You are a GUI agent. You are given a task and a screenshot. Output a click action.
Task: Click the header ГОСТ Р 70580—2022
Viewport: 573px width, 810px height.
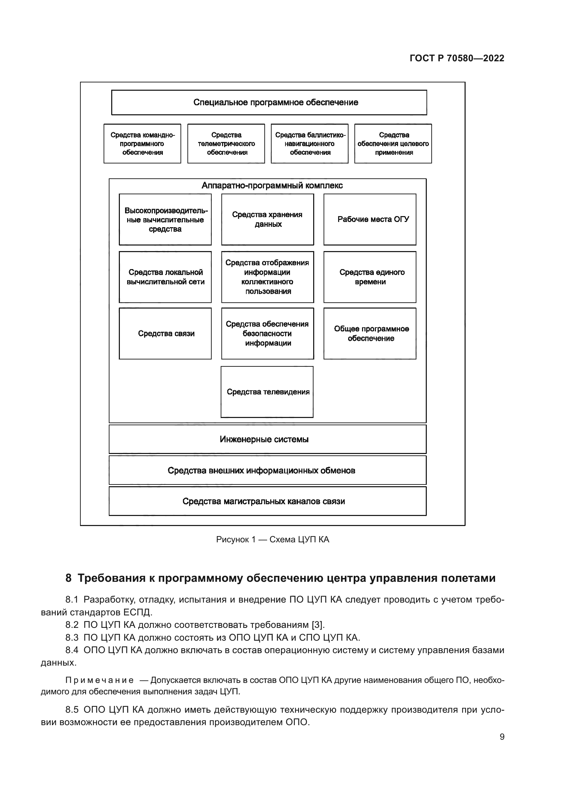[x=457, y=59]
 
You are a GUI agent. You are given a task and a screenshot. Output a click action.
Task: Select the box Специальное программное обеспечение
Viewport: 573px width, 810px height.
[x=269, y=103]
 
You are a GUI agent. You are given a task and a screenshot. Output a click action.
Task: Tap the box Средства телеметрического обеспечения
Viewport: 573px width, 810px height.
[x=226, y=144]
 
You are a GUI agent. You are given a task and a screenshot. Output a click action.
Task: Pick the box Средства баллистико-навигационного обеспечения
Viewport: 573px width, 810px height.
[x=309, y=144]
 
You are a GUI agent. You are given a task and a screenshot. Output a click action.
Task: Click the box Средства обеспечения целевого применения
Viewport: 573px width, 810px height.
[x=393, y=144]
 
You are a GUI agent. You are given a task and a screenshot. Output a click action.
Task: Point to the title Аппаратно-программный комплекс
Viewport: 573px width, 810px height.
[x=272, y=186]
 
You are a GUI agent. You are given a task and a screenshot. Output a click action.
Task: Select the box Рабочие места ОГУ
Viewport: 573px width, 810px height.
[x=369, y=220]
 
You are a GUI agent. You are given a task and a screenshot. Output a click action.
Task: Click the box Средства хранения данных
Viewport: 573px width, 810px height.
[x=267, y=220]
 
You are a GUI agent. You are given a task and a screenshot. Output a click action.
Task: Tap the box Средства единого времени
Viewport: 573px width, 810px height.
[x=369, y=277]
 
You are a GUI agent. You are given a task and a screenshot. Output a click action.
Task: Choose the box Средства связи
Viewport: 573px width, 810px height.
[x=165, y=333]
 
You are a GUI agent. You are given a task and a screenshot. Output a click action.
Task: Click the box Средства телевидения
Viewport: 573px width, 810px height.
[x=267, y=392]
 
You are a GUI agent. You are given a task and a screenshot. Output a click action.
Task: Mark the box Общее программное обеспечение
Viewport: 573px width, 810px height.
[x=369, y=333]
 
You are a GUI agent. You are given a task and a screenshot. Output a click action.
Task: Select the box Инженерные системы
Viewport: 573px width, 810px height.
[x=267, y=439]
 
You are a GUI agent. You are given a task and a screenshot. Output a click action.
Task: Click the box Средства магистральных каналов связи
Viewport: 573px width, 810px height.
[x=267, y=501]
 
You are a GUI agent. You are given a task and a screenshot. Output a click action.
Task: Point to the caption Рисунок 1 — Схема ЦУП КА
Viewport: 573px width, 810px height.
[x=272, y=540]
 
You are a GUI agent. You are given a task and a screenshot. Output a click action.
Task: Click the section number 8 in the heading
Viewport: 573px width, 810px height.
[x=69, y=578]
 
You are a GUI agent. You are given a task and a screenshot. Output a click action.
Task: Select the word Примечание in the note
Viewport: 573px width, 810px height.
[x=99, y=680]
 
